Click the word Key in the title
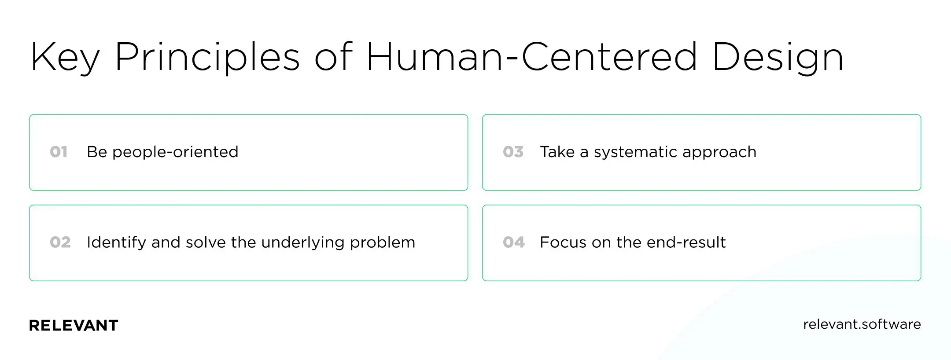tap(65, 57)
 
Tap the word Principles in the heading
tap(207, 57)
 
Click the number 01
tap(59, 152)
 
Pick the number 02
tap(60, 242)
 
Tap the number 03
tap(513, 152)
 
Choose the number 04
tap(514, 242)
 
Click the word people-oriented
tap(175, 152)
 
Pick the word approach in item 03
tap(719, 152)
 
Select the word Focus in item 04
tap(563, 242)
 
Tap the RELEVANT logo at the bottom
tap(74, 326)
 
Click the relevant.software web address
tap(862, 324)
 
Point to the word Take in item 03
tap(557, 152)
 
